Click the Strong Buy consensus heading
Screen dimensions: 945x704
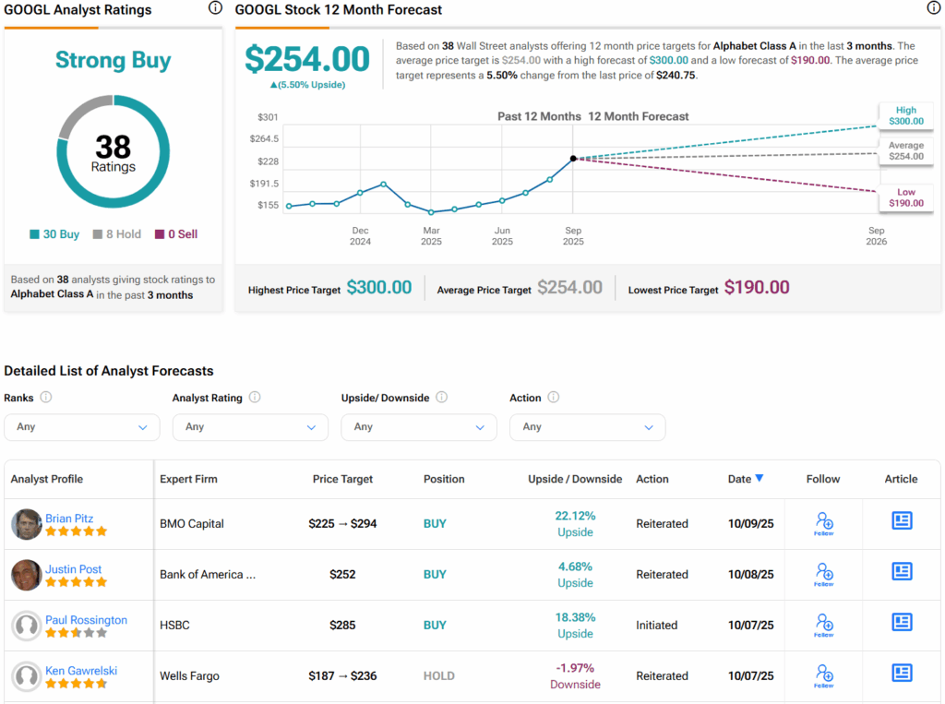[x=114, y=60]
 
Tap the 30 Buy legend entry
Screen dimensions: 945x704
[x=54, y=233]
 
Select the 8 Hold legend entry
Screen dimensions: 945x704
[x=117, y=233]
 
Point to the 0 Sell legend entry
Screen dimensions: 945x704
[x=176, y=233]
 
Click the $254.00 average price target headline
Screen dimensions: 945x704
[x=307, y=59]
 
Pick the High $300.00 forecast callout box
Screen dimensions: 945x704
[x=906, y=115]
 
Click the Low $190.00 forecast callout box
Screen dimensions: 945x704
[x=906, y=197]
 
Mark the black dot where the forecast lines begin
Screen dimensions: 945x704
[x=573, y=159]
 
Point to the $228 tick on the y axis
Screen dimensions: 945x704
[x=269, y=161]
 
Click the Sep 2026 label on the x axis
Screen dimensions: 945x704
[x=877, y=235]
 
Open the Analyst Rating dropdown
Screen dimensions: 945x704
[x=250, y=427]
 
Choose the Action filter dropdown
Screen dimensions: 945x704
[x=588, y=427]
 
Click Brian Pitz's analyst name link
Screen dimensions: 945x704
[x=69, y=518]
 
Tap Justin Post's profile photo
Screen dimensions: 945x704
[x=27, y=575]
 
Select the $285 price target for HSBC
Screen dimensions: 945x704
[x=342, y=625]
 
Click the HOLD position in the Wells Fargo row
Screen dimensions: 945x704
[x=438, y=675]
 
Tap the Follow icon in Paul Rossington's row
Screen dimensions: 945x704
[x=824, y=625]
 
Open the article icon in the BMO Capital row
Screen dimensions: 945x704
[x=902, y=520]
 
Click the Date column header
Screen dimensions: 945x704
[x=739, y=479]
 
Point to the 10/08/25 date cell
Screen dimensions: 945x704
[x=751, y=575]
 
